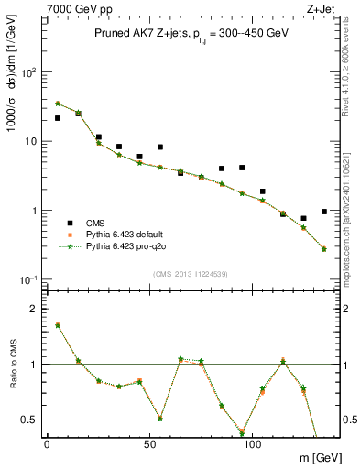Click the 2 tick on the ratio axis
[37, 309]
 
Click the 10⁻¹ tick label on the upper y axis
[30, 279]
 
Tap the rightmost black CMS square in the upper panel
[324, 212]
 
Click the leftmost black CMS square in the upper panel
[58, 118]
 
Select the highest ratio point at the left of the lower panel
[58, 325]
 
